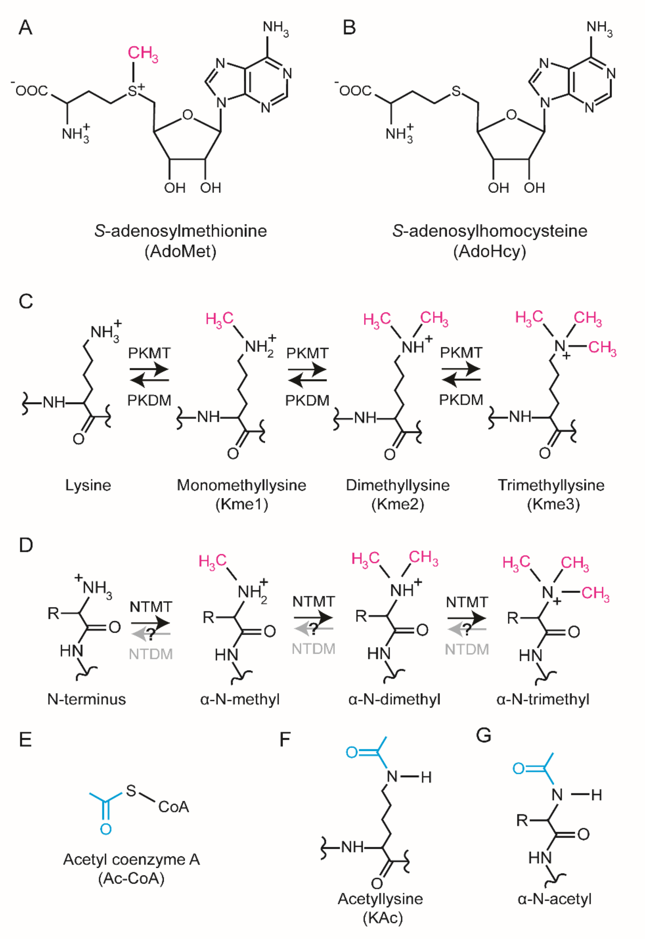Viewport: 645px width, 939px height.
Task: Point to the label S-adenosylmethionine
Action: tap(181, 231)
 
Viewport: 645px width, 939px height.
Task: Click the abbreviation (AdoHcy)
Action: tap(490, 251)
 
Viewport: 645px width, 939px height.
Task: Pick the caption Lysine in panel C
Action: tap(88, 485)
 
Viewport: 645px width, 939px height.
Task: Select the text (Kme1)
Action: tap(242, 504)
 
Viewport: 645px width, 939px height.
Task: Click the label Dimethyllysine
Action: tap(398, 485)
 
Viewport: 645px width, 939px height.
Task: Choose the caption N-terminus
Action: tap(86, 699)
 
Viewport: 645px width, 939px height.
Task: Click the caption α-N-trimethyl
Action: tap(543, 699)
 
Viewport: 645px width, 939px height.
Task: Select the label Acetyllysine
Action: tap(380, 899)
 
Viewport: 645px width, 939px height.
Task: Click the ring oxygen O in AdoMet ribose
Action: tap(187, 115)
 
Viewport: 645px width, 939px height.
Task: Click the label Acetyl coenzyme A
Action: tap(131, 859)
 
